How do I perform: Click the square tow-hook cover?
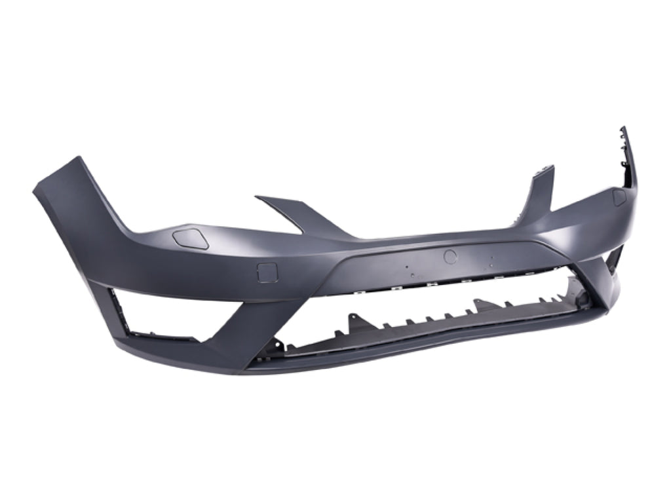(267, 272)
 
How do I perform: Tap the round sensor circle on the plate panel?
(450, 257)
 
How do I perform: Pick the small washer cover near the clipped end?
(619, 197)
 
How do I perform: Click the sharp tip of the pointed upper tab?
(257, 196)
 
